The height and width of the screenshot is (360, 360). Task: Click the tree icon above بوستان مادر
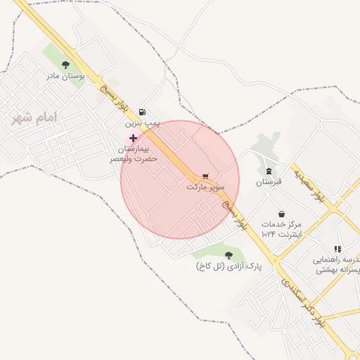[x=66, y=64]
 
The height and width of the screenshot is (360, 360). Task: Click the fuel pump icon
[x=143, y=111]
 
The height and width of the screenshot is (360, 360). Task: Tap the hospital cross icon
[x=133, y=139]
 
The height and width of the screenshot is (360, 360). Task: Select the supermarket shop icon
[x=205, y=176]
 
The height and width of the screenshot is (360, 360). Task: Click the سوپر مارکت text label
[x=205, y=188]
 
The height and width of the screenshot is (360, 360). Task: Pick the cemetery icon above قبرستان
[x=268, y=170]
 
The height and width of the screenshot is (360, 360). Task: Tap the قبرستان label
[x=268, y=182]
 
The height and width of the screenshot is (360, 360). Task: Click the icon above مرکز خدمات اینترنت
[x=281, y=213]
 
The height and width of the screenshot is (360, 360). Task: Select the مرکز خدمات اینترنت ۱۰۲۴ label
[x=281, y=228]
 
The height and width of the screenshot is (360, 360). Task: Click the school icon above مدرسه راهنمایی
[x=337, y=248]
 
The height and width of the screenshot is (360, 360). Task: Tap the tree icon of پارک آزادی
[x=228, y=255]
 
